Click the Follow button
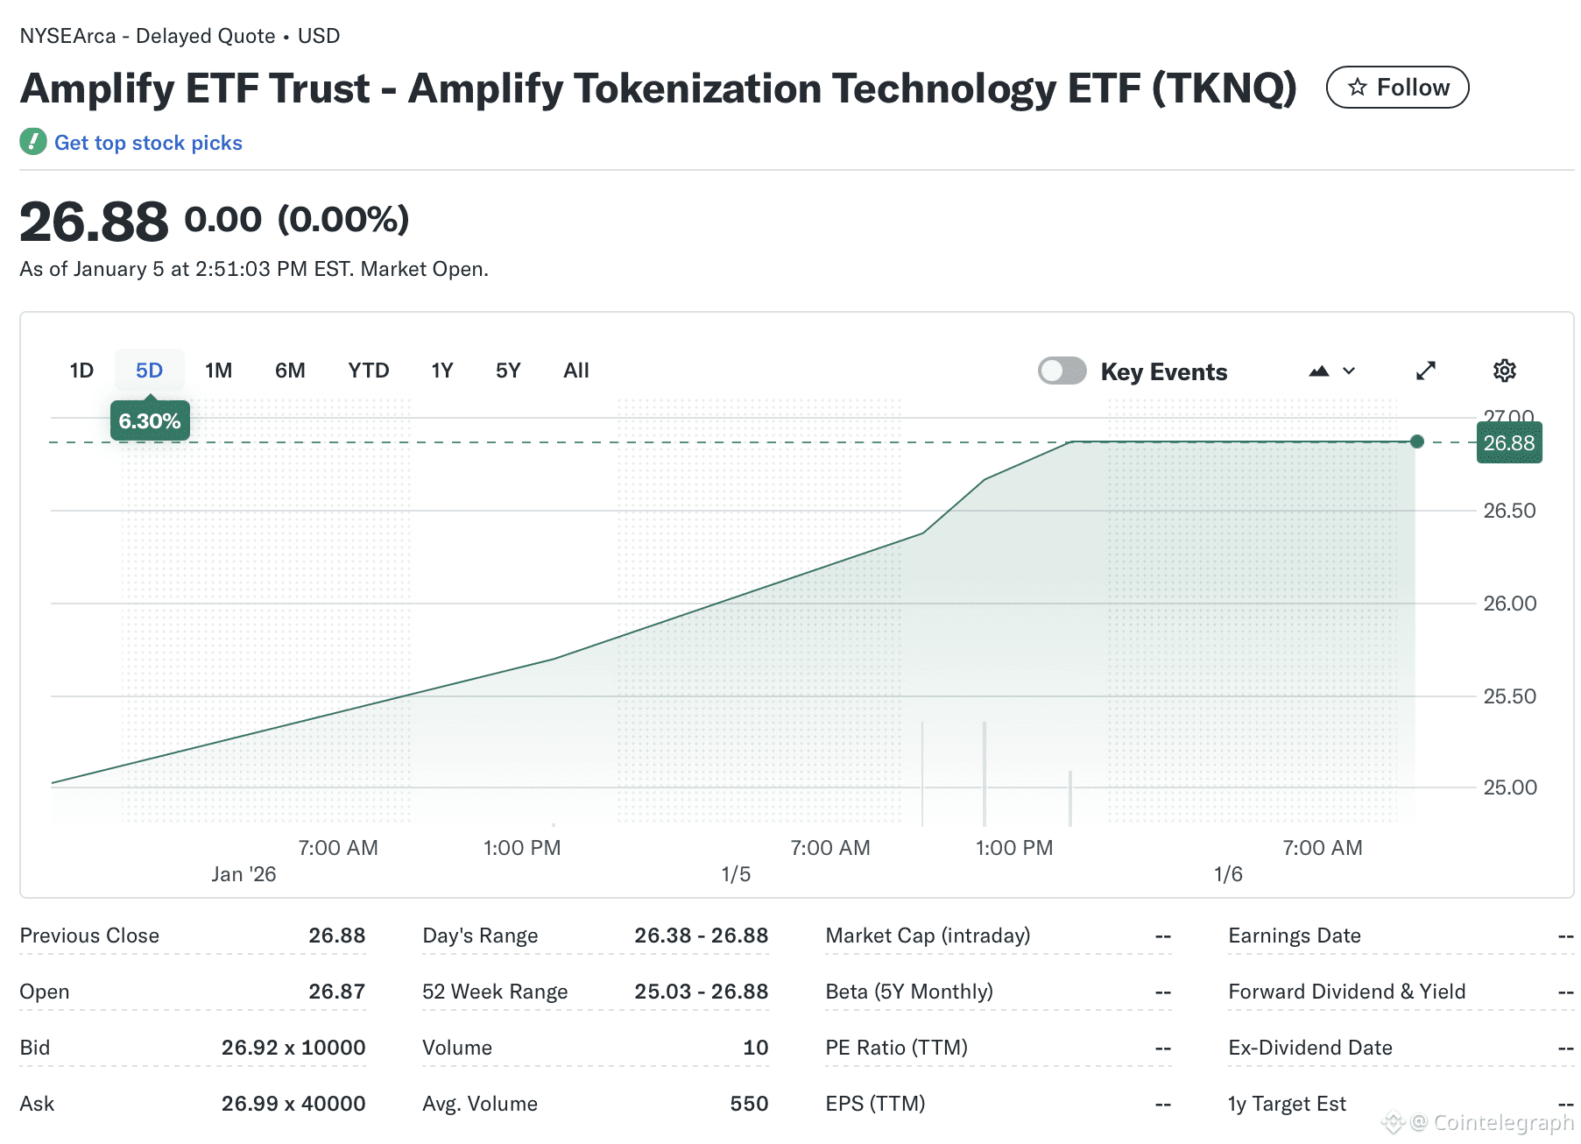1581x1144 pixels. [x=1397, y=88]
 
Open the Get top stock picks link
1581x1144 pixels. [x=147, y=143]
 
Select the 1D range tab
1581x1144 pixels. [x=81, y=371]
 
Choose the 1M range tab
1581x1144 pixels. [x=218, y=371]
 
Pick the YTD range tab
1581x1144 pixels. [x=368, y=371]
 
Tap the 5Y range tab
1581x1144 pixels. [x=508, y=371]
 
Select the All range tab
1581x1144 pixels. [x=575, y=371]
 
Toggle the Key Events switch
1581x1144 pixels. [x=1062, y=371]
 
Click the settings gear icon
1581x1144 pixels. [x=1504, y=371]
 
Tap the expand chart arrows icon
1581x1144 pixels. [x=1426, y=371]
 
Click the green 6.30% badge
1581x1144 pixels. [x=150, y=421]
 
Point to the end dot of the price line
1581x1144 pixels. [x=1417, y=441]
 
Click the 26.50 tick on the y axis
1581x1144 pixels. [x=1509, y=511]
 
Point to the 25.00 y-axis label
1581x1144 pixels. [x=1509, y=787]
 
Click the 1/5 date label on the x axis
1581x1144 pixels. [x=736, y=874]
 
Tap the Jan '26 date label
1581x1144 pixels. [x=244, y=874]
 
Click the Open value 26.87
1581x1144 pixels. [x=336, y=992]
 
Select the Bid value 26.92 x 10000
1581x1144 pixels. [x=293, y=1048]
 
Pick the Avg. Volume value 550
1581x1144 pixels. [x=749, y=1104]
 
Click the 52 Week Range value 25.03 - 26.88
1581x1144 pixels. [x=701, y=992]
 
